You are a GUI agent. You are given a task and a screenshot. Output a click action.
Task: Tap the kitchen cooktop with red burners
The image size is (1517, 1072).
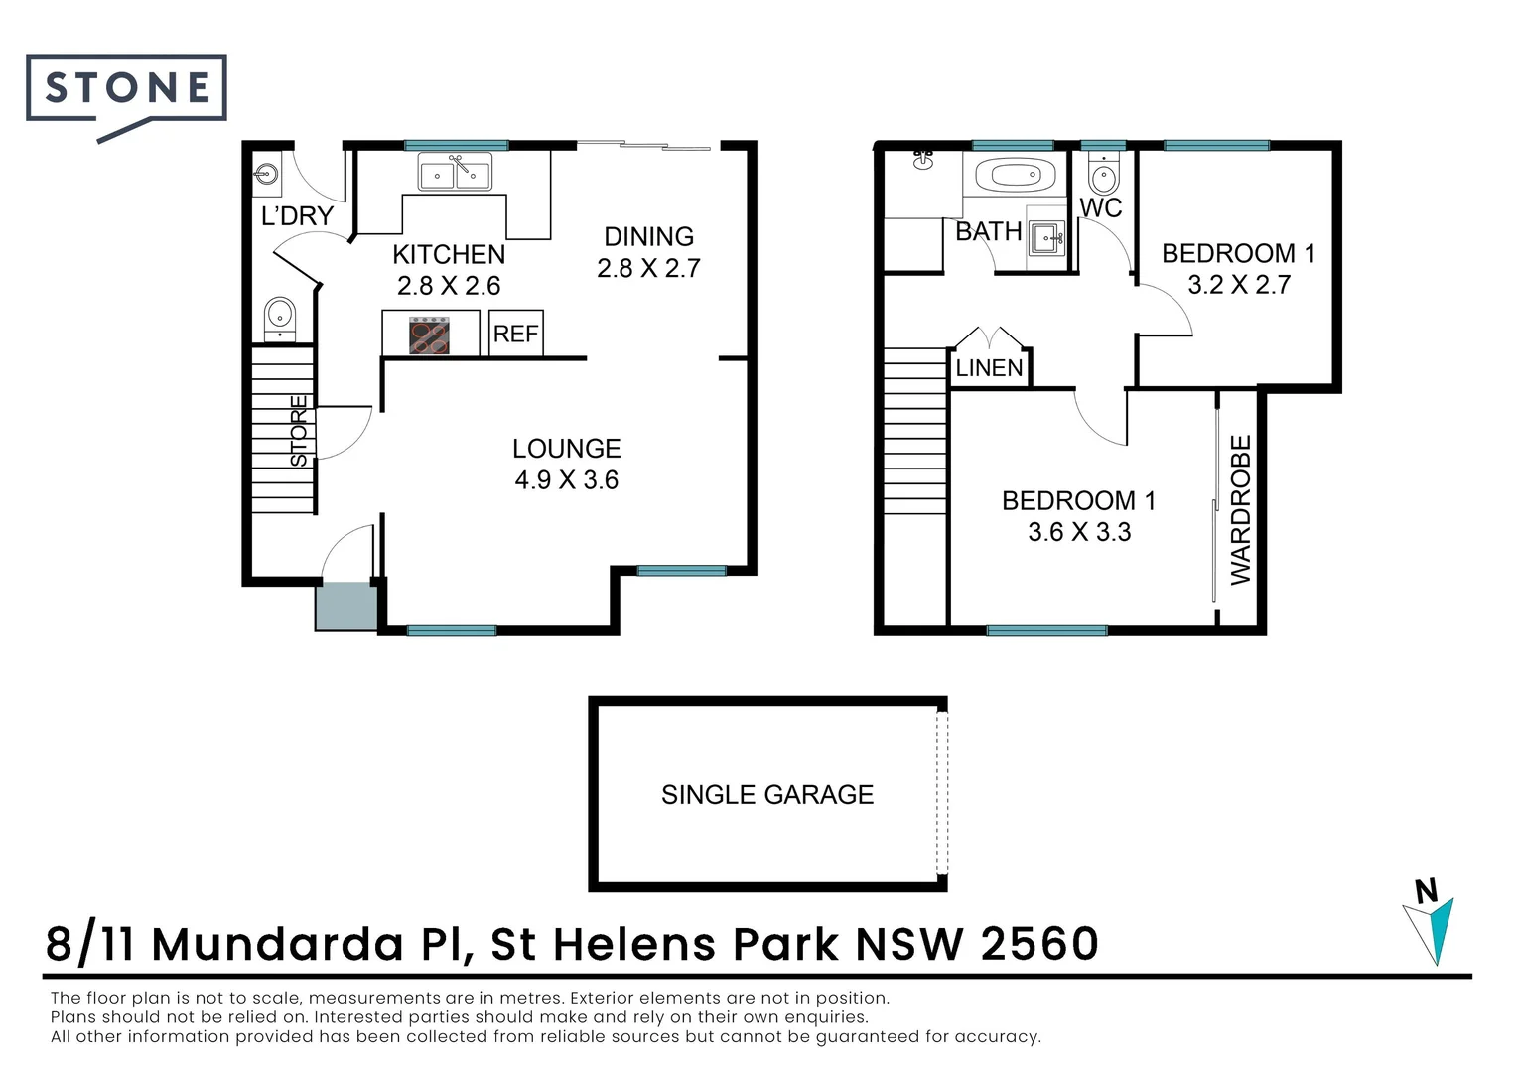[x=429, y=335]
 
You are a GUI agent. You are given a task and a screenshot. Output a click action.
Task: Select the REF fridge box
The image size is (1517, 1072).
[x=515, y=334]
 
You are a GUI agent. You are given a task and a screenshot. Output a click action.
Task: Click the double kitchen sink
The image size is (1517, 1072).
[x=455, y=172]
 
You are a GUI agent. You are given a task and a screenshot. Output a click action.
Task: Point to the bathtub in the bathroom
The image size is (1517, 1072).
[x=1016, y=175]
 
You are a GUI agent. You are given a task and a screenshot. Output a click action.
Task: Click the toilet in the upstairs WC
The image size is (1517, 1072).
[x=1104, y=174]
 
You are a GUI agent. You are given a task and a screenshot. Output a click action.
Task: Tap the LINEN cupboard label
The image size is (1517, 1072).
[x=989, y=368]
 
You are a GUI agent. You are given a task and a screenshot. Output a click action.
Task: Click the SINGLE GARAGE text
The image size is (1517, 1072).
[x=767, y=794]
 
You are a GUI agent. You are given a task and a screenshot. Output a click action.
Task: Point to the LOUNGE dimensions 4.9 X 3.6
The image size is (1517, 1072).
[x=566, y=480]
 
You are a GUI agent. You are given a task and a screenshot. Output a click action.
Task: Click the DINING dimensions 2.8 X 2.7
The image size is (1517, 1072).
[x=648, y=268]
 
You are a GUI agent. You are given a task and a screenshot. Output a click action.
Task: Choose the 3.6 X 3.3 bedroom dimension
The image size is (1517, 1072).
[x=1079, y=532]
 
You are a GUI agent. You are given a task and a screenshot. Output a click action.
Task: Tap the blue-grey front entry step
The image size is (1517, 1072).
[x=346, y=607]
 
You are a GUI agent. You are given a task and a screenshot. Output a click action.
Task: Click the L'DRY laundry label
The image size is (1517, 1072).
[x=297, y=216]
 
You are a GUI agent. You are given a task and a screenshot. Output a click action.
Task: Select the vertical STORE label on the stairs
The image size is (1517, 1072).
[x=299, y=431]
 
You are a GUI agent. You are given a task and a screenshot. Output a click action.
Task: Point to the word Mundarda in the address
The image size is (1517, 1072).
[x=278, y=943]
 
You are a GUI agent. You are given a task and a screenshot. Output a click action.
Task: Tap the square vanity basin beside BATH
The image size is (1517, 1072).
[x=1046, y=238]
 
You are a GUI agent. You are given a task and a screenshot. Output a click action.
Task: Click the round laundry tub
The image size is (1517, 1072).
[x=266, y=174]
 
